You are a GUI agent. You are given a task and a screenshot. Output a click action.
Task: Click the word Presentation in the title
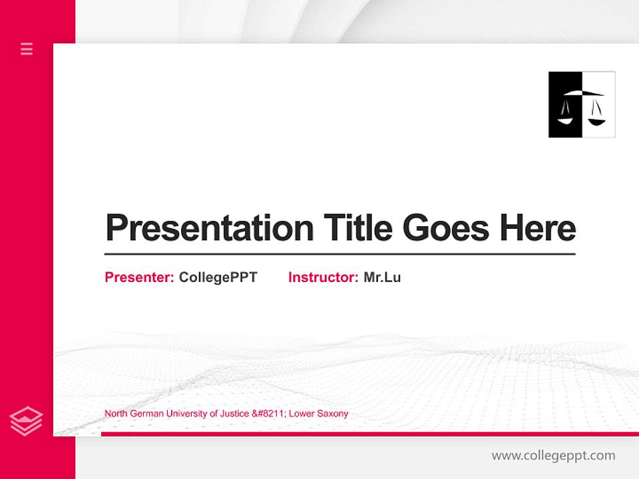coord(210,228)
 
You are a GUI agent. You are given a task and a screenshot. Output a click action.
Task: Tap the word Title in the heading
coord(358,228)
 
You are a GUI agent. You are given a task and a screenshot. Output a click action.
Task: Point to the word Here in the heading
coord(538,228)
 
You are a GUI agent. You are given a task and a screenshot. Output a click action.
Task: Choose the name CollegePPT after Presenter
coord(218,277)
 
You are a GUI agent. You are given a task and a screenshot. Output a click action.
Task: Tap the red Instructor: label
coord(323,277)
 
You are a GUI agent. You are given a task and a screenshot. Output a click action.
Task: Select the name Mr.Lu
coord(382,277)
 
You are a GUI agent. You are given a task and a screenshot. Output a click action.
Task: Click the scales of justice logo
coord(582,104)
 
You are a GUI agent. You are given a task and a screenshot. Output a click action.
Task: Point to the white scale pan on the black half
coord(565,120)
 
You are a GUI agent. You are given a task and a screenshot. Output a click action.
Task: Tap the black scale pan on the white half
coord(597,122)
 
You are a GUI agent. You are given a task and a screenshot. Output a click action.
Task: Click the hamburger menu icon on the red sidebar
coord(27,49)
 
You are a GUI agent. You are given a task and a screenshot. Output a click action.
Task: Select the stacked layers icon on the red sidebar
coord(27,421)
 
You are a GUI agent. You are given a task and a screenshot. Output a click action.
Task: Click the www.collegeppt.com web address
coord(553,456)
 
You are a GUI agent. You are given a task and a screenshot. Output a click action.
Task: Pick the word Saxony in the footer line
coord(333,414)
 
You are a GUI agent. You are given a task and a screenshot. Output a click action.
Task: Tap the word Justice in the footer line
coord(235,414)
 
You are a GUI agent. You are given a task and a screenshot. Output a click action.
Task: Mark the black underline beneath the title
coord(339,254)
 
